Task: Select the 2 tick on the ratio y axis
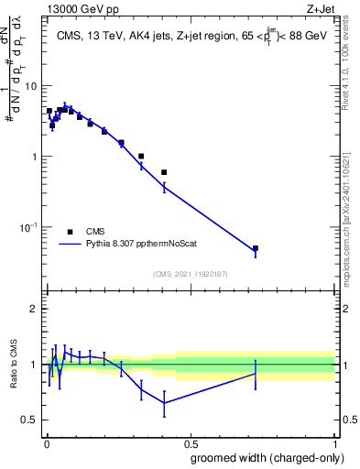[35, 309]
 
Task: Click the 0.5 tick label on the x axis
[189, 442]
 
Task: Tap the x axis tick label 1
[333, 442]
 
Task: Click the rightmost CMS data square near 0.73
[256, 248]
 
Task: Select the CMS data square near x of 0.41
[164, 172]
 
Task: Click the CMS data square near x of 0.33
[141, 156]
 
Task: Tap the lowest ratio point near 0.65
[164, 403]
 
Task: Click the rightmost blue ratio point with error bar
[256, 374]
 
